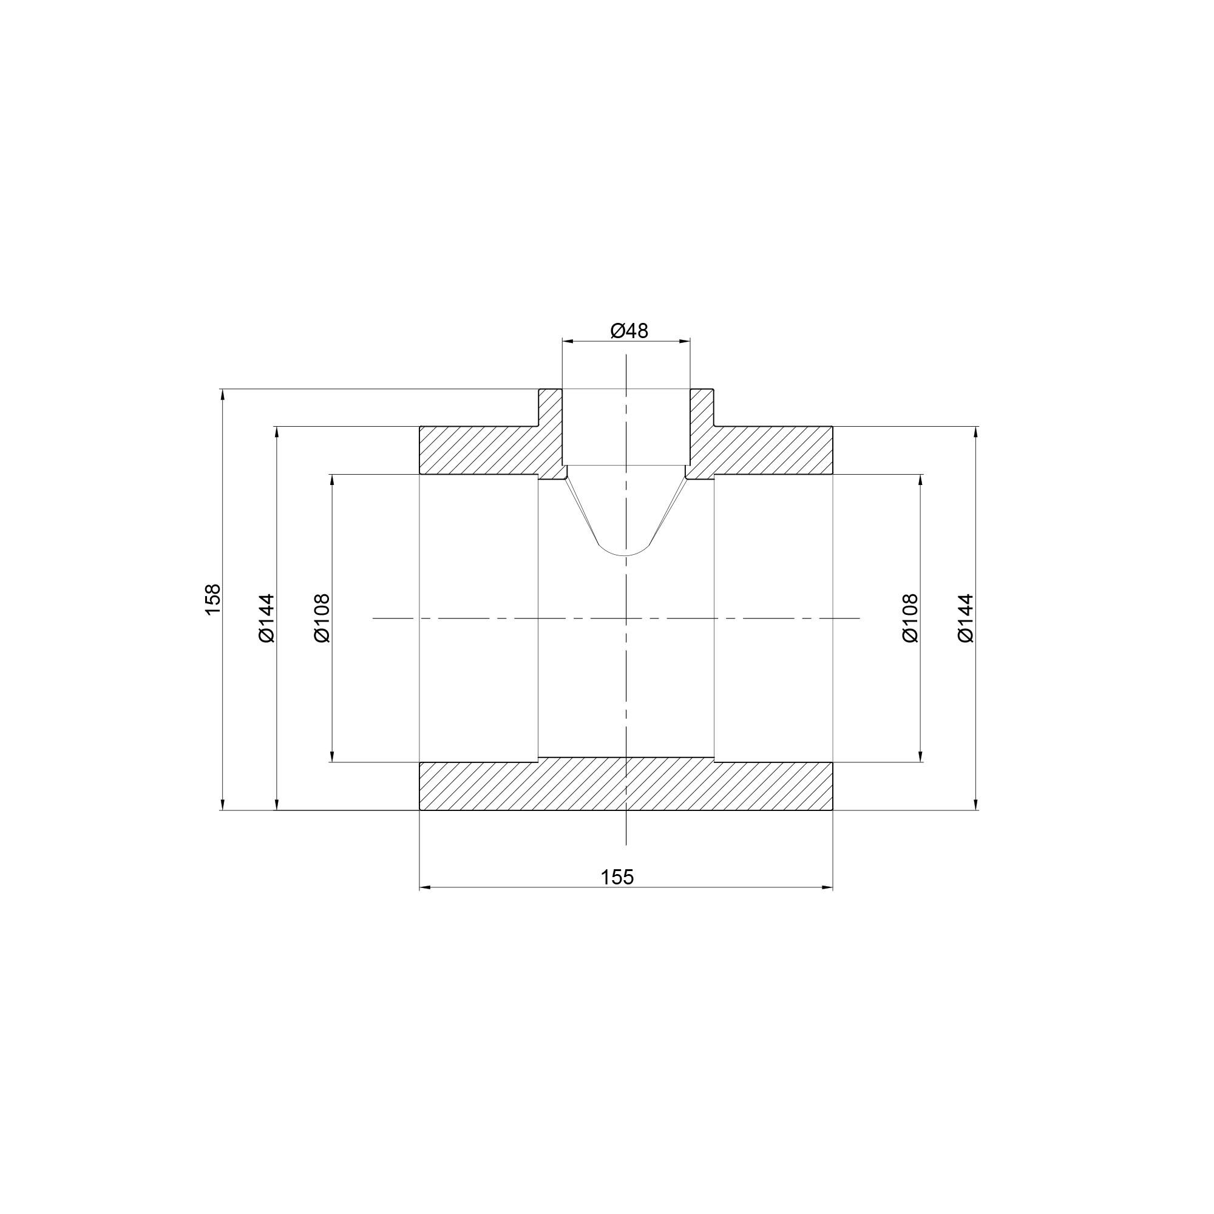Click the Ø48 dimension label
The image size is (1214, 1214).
pyautogui.click(x=629, y=331)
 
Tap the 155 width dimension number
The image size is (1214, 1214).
pyautogui.click(x=618, y=877)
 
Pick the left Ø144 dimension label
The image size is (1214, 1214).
pyautogui.click(x=267, y=619)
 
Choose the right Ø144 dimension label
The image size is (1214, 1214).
pyautogui.click(x=965, y=619)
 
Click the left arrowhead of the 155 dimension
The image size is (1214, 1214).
pyautogui.click(x=426, y=887)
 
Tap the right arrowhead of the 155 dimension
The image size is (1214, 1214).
pyautogui.click(x=827, y=887)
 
